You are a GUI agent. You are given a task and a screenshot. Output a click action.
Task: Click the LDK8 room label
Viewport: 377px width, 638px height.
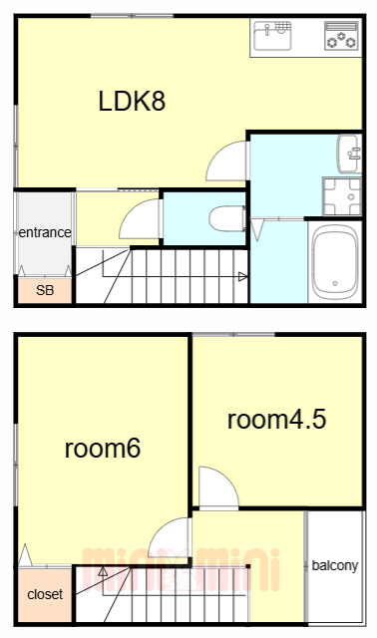(131, 101)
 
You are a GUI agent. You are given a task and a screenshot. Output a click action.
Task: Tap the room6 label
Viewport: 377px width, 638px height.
(102, 448)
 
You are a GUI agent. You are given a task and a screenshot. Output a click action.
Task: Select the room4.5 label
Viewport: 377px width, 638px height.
(276, 419)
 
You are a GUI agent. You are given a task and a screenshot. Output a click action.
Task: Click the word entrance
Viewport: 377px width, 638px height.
(45, 233)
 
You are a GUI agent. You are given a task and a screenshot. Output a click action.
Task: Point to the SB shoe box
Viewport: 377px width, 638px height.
(45, 291)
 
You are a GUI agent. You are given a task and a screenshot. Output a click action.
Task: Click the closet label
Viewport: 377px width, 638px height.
(45, 594)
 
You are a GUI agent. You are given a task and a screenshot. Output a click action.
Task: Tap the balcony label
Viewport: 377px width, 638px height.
(334, 566)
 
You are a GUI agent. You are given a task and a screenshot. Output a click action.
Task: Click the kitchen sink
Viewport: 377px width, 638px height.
(271, 38)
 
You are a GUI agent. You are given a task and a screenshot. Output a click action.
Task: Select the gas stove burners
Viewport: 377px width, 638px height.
(341, 38)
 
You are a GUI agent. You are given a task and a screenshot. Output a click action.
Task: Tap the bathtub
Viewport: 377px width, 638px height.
(334, 262)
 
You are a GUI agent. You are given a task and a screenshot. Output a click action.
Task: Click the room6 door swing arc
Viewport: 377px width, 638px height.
(169, 539)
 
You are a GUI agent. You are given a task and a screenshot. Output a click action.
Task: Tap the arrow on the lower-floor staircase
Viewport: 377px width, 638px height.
(242, 276)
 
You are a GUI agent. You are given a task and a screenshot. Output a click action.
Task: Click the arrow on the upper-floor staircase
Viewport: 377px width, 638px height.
(102, 572)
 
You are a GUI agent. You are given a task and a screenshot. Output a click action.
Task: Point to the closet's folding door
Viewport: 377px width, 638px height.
(25, 554)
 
